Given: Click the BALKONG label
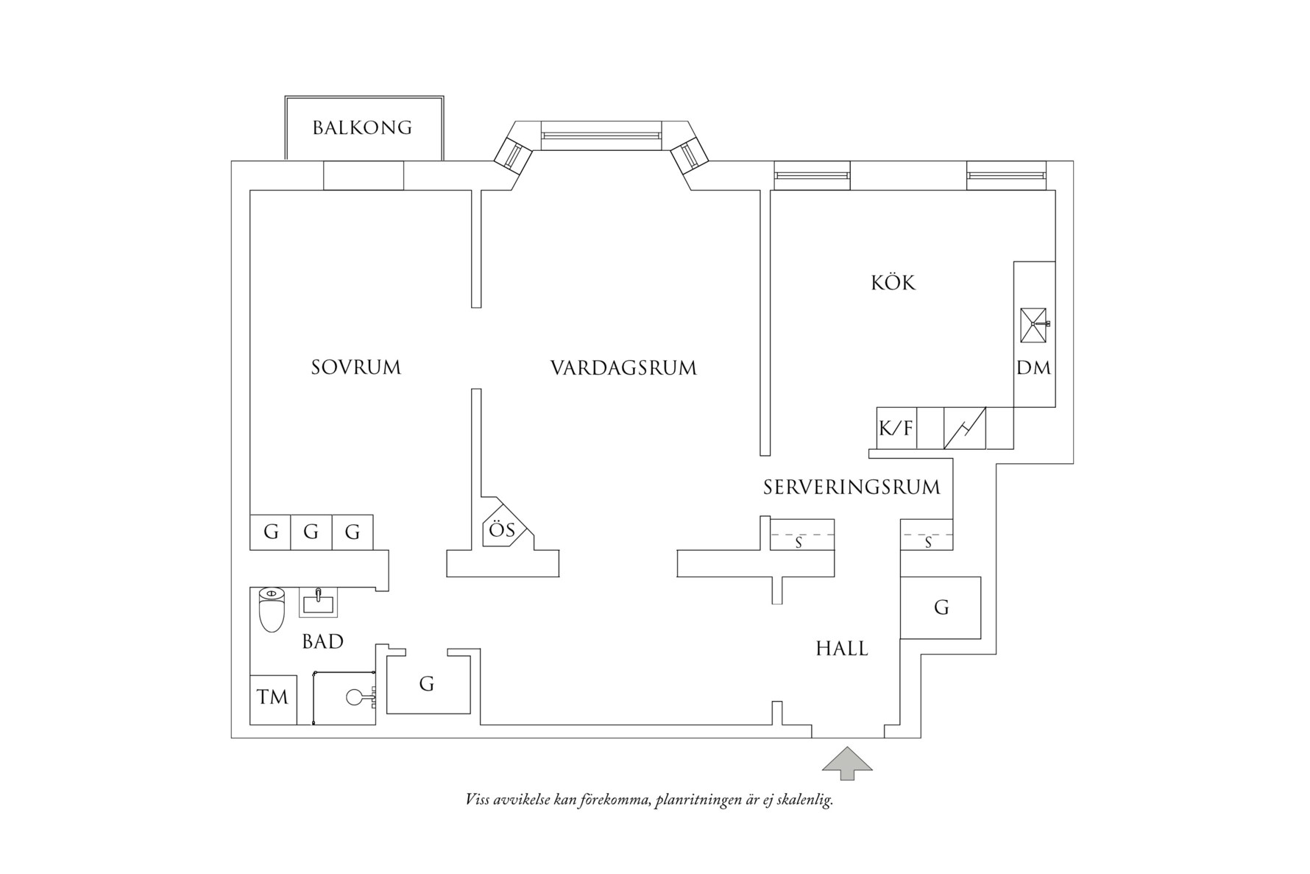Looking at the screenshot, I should (x=362, y=127).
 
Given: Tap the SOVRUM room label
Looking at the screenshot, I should (x=356, y=367).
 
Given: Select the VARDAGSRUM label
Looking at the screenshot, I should (x=623, y=367).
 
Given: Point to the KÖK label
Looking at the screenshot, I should (x=893, y=283).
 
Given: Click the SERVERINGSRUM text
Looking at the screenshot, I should (x=851, y=487).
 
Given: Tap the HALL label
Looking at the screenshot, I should (x=842, y=649).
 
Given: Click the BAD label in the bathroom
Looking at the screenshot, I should (x=323, y=641).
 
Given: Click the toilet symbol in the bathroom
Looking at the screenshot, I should (x=272, y=610).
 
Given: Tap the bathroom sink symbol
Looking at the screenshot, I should (x=318, y=603).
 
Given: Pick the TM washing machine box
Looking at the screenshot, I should (x=273, y=697).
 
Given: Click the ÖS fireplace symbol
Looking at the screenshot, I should (x=500, y=529).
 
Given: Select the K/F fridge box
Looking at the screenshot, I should (x=896, y=428).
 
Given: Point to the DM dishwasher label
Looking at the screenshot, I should (x=1034, y=367).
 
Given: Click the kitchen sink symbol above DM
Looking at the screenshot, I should (x=1034, y=324).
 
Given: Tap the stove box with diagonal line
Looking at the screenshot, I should (x=964, y=428).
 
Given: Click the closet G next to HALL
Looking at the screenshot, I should (x=941, y=607).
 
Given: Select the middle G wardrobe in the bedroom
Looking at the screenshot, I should (x=311, y=531).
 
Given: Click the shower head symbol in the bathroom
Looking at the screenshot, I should (x=356, y=696).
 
